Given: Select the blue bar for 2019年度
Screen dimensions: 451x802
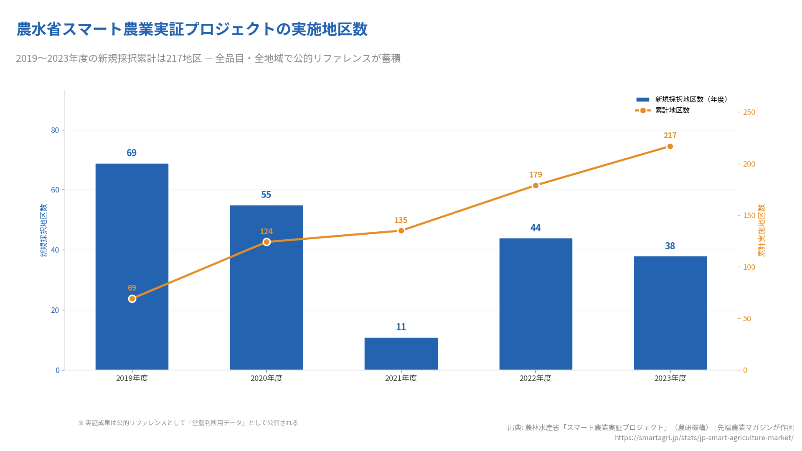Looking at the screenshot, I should [x=132, y=234].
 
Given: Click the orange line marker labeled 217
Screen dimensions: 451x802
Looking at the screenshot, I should [x=670, y=147].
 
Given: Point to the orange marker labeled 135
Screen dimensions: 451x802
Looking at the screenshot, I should [x=401, y=231].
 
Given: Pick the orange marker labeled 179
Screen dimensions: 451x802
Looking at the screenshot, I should [x=536, y=185].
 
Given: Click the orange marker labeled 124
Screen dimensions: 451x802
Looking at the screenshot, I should [x=266, y=242].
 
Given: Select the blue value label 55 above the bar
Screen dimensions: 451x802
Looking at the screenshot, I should [x=266, y=195].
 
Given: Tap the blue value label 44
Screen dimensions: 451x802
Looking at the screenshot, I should [x=536, y=228].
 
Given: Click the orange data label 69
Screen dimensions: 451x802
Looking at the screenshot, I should [x=132, y=288].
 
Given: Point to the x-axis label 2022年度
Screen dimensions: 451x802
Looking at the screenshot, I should [x=536, y=378].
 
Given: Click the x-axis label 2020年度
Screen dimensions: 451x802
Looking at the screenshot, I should [x=266, y=378].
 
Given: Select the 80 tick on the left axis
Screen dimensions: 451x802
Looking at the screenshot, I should [x=55, y=130].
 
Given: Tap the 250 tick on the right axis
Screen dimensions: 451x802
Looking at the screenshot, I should [x=749, y=112].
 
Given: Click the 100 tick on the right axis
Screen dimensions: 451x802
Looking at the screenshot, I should [x=749, y=267].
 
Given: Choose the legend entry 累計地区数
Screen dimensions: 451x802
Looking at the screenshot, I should [x=672, y=110].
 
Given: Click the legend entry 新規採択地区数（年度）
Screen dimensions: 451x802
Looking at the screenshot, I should [x=691, y=99].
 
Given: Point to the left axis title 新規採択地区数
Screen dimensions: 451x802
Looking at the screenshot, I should [x=44, y=231].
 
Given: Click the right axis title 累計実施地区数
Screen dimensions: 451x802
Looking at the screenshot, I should [x=761, y=231].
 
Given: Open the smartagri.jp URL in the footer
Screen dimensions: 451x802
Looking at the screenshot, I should [x=704, y=438].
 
